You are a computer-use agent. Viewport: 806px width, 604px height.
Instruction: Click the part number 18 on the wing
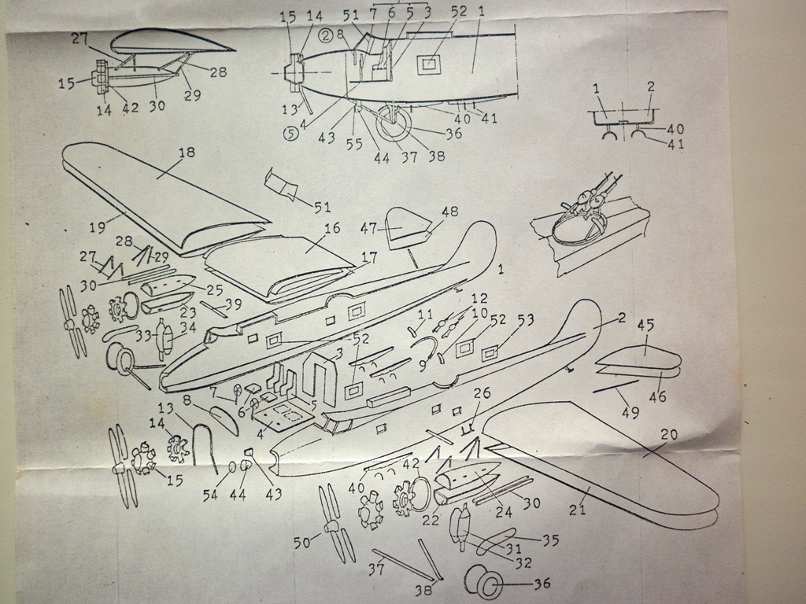point(187,153)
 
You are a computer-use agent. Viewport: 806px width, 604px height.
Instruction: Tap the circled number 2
point(325,35)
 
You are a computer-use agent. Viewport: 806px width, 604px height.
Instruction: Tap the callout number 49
point(630,411)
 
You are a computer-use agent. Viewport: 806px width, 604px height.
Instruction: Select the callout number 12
point(479,299)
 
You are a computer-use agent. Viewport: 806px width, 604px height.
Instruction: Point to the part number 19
point(97,227)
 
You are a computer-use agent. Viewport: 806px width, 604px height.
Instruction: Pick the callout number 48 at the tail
point(449,211)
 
